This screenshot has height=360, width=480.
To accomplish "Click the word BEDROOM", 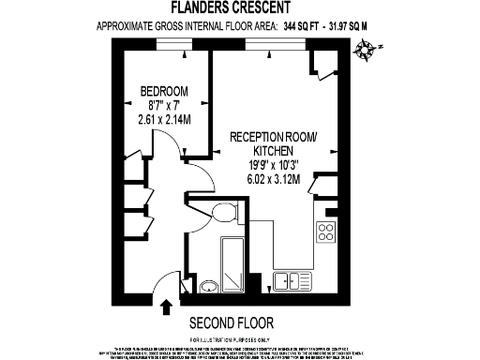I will click(163, 91).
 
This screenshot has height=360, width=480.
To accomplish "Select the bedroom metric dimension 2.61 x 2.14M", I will click(164, 119).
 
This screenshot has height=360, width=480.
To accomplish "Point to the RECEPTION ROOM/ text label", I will click(274, 137).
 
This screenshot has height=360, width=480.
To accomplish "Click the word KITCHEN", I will click(274, 151).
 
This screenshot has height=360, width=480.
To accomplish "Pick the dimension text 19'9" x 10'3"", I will click(273, 165).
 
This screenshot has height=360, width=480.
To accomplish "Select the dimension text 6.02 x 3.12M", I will click(273, 179).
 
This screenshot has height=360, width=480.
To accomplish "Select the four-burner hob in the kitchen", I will click(327, 231).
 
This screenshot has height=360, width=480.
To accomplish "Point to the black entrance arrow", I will click(167, 307).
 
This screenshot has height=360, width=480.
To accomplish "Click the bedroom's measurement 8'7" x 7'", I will click(163, 105).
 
